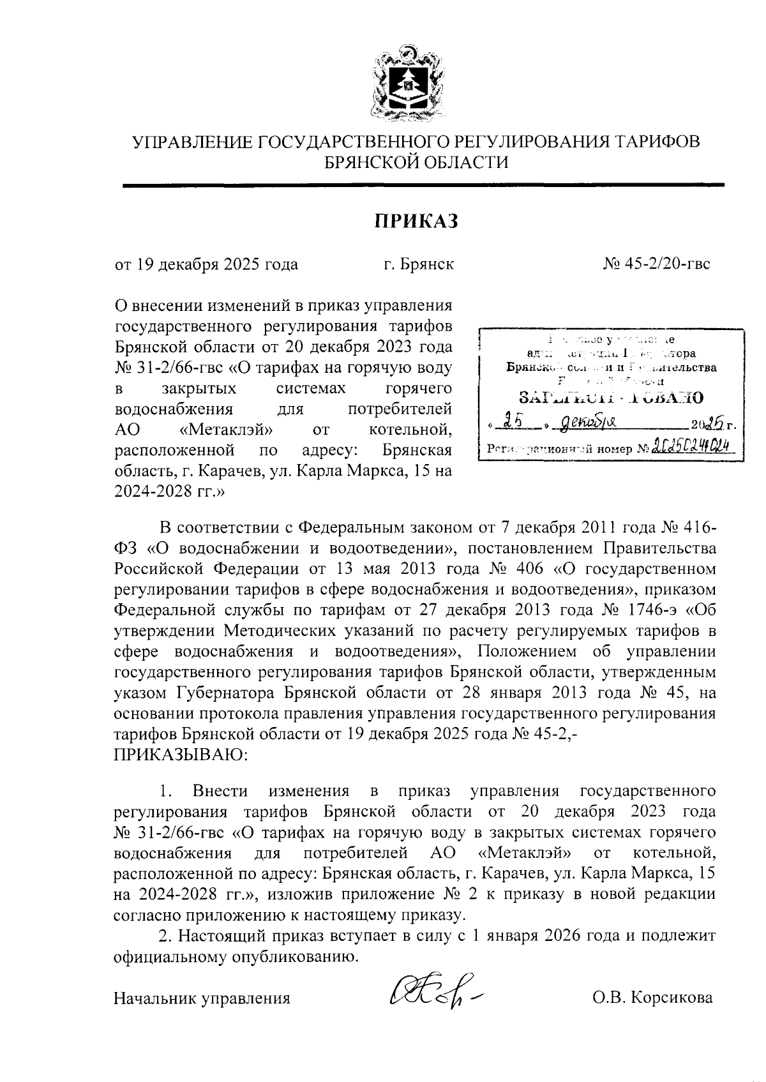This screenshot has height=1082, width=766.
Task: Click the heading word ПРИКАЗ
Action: [x=416, y=221]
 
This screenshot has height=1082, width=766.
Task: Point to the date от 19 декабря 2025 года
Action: [x=206, y=264]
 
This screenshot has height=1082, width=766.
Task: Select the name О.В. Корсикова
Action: [x=652, y=997]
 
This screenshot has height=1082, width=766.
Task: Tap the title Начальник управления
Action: [x=202, y=997]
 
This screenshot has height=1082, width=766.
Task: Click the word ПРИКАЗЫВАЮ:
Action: [x=180, y=755]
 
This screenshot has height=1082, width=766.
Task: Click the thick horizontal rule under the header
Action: [x=423, y=185]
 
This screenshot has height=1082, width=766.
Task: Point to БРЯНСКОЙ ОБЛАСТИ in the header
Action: [x=417, y=162]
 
